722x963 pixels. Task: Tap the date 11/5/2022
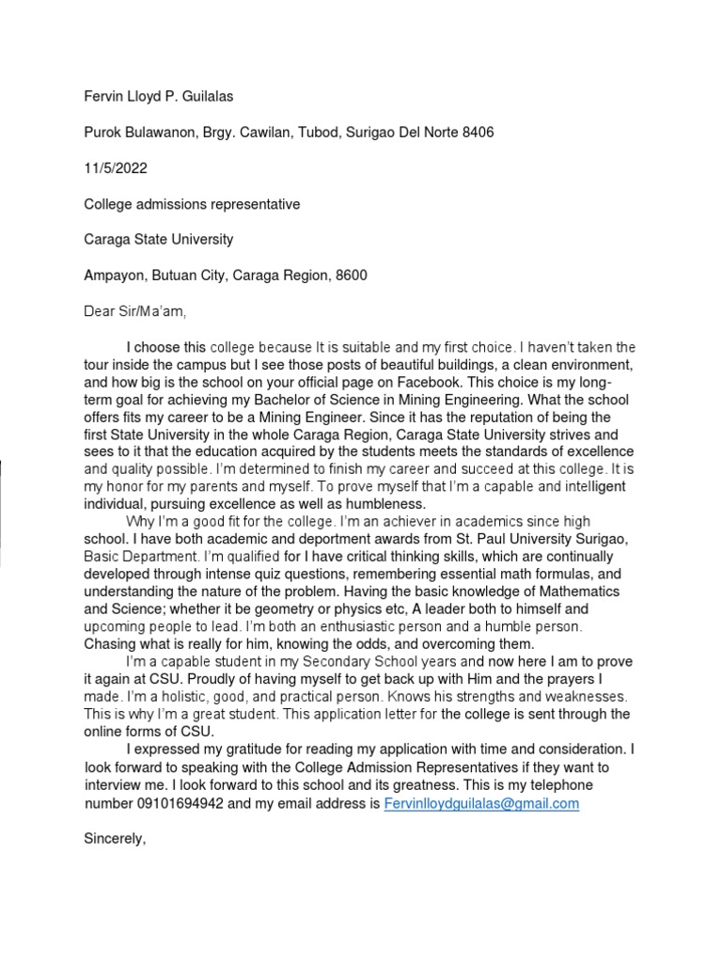click(116, 168)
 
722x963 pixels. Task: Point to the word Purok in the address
click(103, 133)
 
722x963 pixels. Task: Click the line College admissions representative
click(193, 204)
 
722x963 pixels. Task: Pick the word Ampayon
click(117, 276)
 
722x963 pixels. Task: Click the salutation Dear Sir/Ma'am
click(142, 311)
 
